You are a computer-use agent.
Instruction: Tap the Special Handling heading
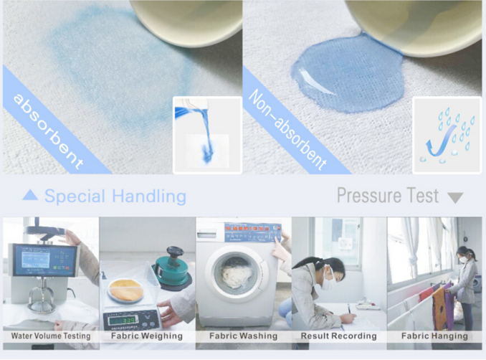pos(115,196)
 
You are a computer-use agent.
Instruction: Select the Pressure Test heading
pos(387,195)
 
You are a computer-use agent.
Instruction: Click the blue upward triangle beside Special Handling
pos(30,195)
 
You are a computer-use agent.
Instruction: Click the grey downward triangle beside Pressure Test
pos(454,197)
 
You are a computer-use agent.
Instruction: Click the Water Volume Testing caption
pos(50,336)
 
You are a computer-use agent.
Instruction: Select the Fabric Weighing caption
pos(147,336)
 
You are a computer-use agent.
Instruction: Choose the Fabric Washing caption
pos(243,336)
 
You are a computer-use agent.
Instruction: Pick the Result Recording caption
pos(339,336)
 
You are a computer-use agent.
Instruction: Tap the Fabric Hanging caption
pos(434,336)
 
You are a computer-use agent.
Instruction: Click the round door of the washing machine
pos(236,275)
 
